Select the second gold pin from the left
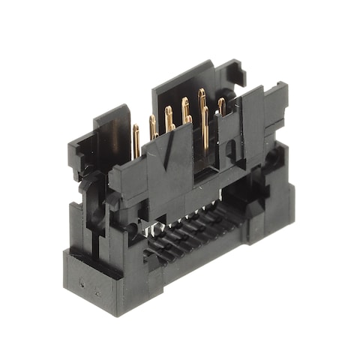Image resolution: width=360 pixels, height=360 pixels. coord(153,127)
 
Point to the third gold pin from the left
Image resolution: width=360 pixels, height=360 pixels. coord(169,118)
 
